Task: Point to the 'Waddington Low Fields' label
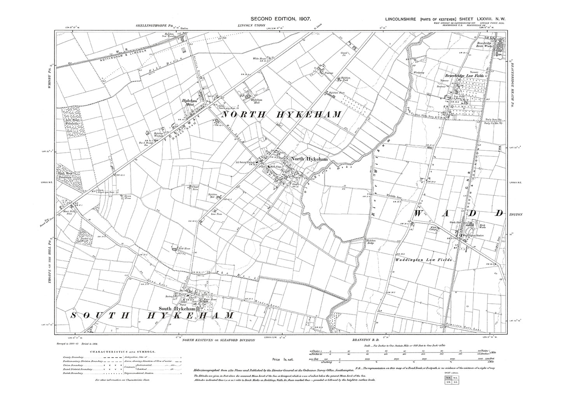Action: [423, 259]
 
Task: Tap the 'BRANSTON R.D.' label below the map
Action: [362, 340]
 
